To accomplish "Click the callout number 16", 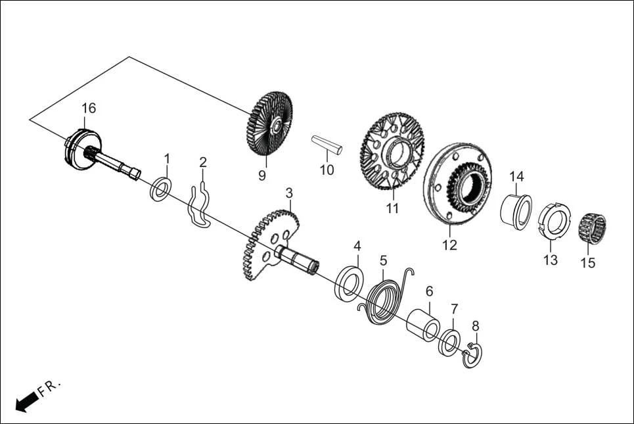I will pyautogui.click(x=89, y=108).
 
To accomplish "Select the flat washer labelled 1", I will pyautogui.click(x=160, y=189).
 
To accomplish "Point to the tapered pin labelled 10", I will pyautogui.click(x=327, y=144).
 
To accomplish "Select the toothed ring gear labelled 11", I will pyautogui.click(x=392, y=151).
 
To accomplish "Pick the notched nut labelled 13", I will pyautogui.click(x=554, y=222).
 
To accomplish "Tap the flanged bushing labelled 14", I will pyautogui.click(x=517, y=209).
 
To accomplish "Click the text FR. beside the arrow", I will pyautogui.click(x=49, y=387).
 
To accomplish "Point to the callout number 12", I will pyautogui.click(x=449, y=245).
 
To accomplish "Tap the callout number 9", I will pyautogui.click(x=262, y=176).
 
